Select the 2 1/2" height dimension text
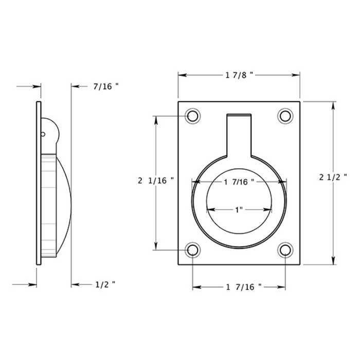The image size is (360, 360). coord(333,177)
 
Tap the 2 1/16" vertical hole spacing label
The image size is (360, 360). coord(156,181)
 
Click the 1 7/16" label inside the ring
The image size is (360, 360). coord(239,182)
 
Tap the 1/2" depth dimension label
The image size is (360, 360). coord(105,284)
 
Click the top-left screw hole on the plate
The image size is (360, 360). coord(193,116)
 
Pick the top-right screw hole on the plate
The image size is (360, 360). coord(285,116)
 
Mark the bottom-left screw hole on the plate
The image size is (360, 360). coord(193,250)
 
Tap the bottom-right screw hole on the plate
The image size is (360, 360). coord(285,250)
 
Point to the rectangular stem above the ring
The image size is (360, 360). coord(239,134)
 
